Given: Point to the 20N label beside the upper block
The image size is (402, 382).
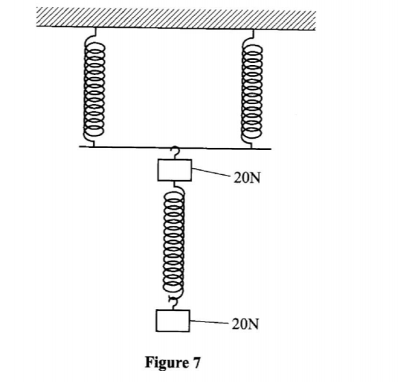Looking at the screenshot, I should coord(247,179).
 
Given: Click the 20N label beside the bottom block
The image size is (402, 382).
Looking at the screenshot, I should coord(247,324).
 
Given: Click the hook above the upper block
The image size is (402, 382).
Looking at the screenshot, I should coord(174,153).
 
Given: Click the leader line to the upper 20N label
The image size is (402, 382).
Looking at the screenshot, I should coord(211,174).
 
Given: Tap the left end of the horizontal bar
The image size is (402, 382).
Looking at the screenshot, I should coord(80,146).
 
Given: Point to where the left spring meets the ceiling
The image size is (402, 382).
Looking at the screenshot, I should coord(97,28).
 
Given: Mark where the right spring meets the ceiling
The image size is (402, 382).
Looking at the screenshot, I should coord(253,28).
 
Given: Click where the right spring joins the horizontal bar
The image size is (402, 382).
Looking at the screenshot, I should coord(251,145).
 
